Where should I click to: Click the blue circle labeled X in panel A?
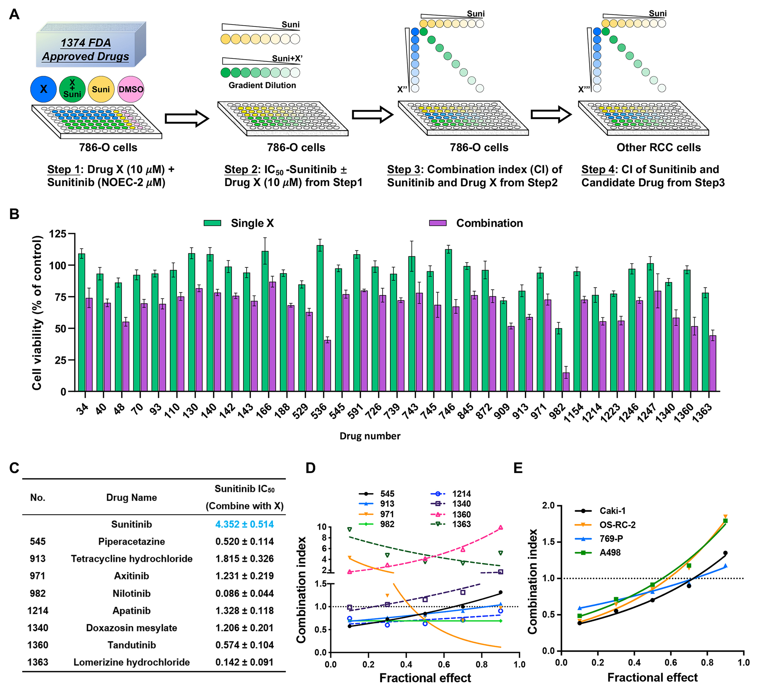click(43, 89)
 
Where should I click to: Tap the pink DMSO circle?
click(131, 89)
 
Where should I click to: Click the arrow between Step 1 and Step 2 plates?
click(187, 119)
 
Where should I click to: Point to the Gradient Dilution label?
click(262, 85)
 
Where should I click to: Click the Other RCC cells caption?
click(659, 148)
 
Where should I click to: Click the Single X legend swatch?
click(212, 223)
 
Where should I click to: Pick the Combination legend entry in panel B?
click(489, 223)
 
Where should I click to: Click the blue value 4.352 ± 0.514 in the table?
click(244, 524)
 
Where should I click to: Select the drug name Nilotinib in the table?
click(131, 593)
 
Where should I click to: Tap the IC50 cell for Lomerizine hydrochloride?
click(244, 662)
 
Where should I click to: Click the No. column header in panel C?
click(37, 497)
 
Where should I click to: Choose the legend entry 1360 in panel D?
click(461, 515)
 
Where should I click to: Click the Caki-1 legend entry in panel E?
click(612, 511)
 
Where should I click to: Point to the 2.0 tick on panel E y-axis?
click(549, 506)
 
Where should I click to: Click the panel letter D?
click(310, 468)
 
